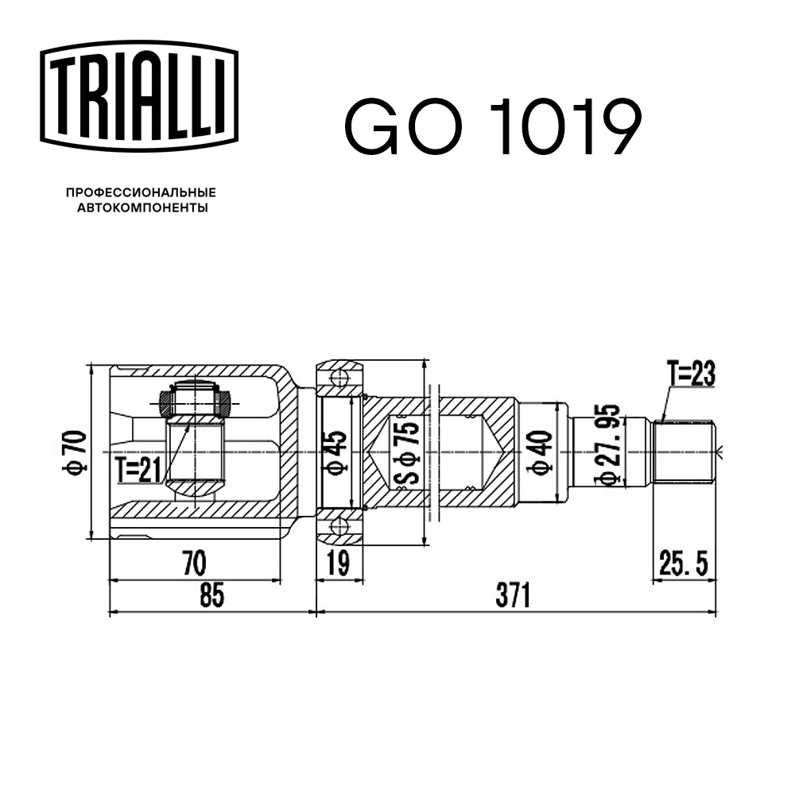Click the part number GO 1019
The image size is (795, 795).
[x=492, y=126]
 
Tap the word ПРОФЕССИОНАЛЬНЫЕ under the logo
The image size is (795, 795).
[x=141, y=193]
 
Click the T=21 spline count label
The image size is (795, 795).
[x=137, y=470]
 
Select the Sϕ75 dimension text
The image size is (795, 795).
[x=405, y=454]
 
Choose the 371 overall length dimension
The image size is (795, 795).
[x=513, y=595]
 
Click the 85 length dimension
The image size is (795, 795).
[x=211, y=595]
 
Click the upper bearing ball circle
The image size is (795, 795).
[x=339, y=377]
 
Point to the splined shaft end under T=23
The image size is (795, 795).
[x=684, y=452]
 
